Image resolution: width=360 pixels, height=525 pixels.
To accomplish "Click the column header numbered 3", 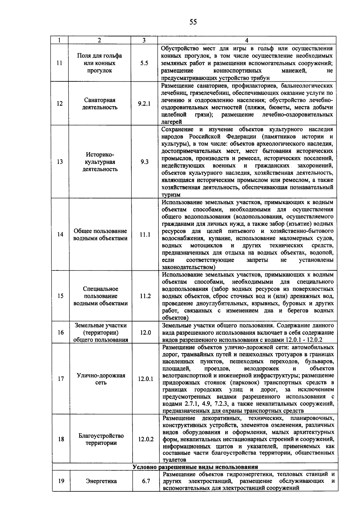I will [144, 41].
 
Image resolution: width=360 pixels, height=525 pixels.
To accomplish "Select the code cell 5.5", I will [144, 63].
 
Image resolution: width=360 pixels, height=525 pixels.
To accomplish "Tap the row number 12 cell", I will [60, 104].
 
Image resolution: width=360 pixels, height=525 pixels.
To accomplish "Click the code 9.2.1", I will [144, 104].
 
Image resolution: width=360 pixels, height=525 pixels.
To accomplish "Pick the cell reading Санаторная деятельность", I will [100, 104].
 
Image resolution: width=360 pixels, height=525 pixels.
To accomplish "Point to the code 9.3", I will [144, 162].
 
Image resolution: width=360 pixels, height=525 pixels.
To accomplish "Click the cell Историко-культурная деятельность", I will [100, 162].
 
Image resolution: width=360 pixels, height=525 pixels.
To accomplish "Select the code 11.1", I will [145, 234].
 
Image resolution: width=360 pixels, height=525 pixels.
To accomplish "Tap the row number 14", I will [60, 234].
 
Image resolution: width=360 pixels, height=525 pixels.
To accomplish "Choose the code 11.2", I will [145, 296].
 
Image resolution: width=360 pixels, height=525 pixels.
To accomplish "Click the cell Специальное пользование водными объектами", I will [100, 296].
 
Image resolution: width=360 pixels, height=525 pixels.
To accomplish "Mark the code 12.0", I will [145, 333].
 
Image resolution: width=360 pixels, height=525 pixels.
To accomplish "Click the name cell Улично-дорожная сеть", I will [101, 379].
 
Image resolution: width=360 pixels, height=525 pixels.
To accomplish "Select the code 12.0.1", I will [145, 379].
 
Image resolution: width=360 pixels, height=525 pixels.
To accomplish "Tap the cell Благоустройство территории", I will [101, 439].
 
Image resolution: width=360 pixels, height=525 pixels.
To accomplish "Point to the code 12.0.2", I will [146, 439].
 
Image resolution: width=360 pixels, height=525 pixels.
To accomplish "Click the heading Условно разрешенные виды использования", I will [195, 467].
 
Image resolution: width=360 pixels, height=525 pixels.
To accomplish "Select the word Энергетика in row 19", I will [101, 481].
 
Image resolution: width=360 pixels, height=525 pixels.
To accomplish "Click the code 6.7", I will [146, 481].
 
